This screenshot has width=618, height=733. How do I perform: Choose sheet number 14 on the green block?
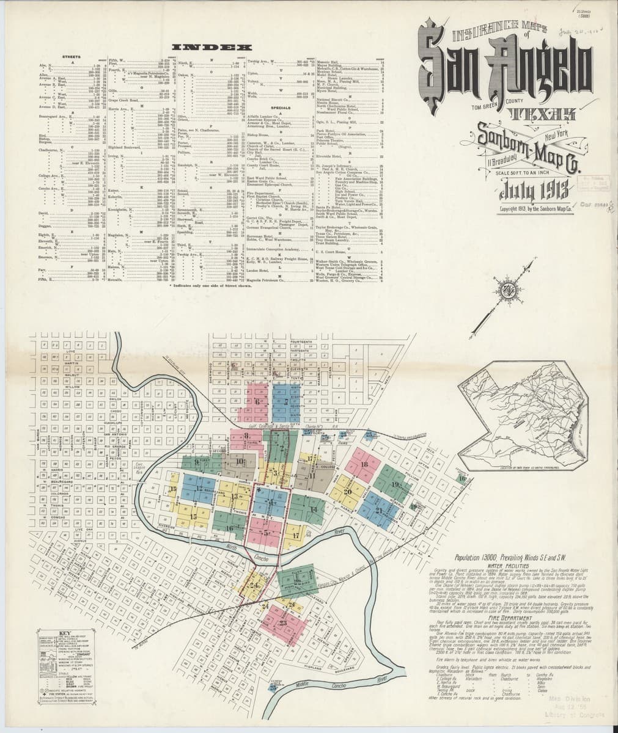[x=313, y=508]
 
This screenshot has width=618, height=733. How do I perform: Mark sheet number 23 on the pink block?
[x=282, y=623]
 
